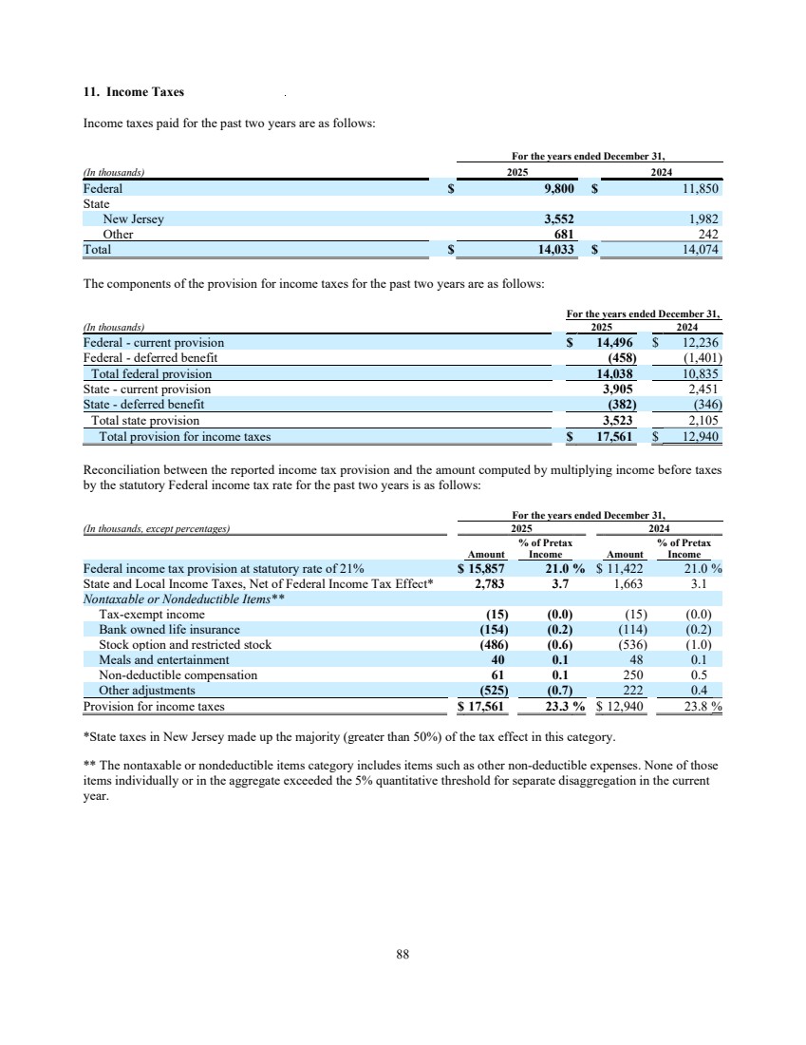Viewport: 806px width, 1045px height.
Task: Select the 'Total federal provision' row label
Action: (x=151, y=374)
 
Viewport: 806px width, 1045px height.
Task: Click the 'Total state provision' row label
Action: (x=145, y=420)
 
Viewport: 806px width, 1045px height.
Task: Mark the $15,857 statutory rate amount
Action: (x=484, y=569)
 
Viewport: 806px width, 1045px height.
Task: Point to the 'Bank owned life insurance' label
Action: (x=169, y=629)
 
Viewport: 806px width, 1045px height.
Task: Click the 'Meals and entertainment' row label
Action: (x=163, y=659)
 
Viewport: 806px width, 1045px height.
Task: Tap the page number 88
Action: (x=403, y=956)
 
